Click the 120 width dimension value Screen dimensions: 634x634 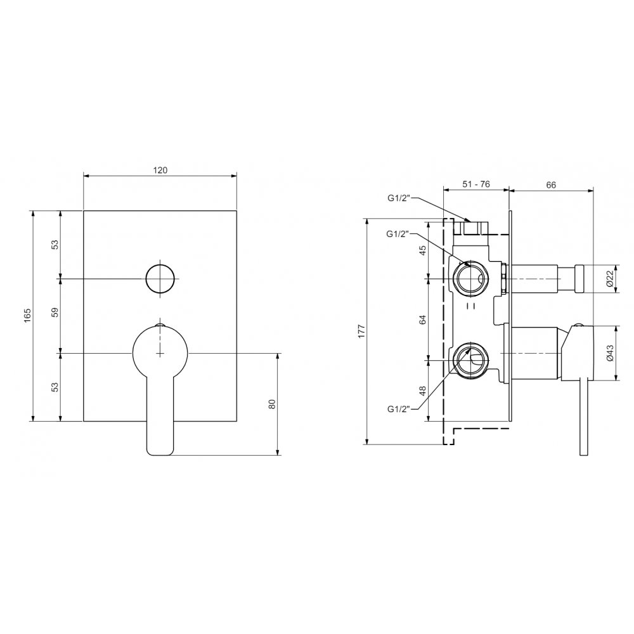[160, 170]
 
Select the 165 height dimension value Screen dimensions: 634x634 [27, 315]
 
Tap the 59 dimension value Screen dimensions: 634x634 [55, 312]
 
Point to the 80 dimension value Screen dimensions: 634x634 [272, 404]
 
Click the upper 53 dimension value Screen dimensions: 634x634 [55, 245]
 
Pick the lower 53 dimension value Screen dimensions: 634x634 [55, 387]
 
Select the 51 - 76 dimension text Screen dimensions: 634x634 [476, 184]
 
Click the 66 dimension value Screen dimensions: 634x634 [551, 184]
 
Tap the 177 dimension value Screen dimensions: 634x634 [362, 331]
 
